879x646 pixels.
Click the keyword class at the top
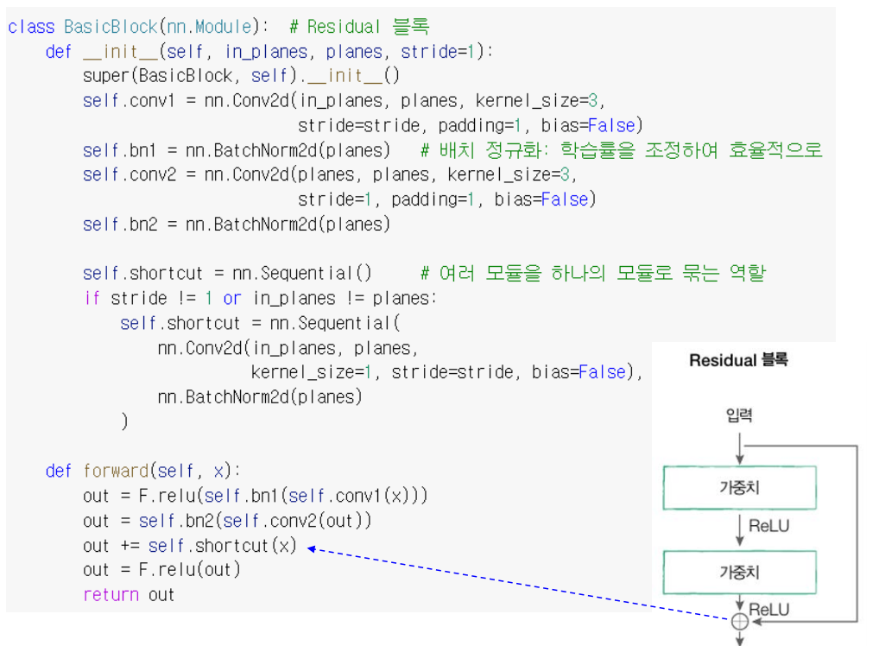click(x=31, y=27)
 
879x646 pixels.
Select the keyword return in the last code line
click(x=111, y=594)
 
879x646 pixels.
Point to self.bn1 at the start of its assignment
click(x=115, y=150)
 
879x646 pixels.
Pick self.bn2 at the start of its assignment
click(x=115, y=225)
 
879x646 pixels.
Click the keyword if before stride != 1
click(x=92, y=299)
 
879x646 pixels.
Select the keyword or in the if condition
click(x=231, y=299)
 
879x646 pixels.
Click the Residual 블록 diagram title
click(x=738, y=360)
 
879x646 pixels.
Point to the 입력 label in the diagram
click(x=739, y=416)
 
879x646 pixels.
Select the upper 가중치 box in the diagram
click(x=739, y=488)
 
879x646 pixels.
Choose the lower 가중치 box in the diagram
click(x=739, y=572)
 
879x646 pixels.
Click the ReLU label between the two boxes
click(x=768, y=526)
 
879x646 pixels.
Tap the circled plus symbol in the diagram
click(x=740, y=620)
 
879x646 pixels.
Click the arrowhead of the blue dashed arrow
click(x=312, y=548)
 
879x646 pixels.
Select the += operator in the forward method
click(x=129, y=546)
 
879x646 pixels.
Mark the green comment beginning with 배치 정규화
click(x=621, y=150)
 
